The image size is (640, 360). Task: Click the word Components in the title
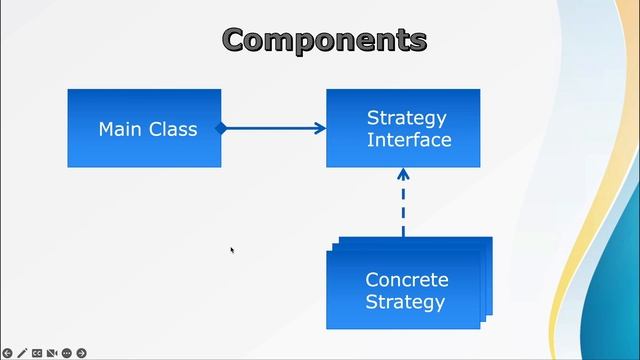(x=324, y=40)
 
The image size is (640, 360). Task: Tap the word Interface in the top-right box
(x=408, y=140)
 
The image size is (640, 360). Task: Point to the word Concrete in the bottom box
(x=406, y=280)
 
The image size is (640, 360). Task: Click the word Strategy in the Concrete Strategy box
(x=405, y=302)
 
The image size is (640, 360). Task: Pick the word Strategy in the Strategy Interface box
(x=407, y=118)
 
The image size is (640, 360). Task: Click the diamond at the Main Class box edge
(x=222, y=128)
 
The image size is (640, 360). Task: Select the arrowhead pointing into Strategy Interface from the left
(x=320, y=128)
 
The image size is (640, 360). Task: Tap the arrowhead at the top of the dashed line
(x=403, y=173)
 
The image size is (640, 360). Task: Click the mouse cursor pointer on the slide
(x=231, y=250)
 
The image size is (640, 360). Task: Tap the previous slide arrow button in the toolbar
(x=7, y=353)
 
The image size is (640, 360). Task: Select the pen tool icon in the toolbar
(x=22, y=353)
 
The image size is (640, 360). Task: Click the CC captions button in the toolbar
(x=37, y=353)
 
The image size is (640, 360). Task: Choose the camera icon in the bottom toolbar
(x=52, y=353)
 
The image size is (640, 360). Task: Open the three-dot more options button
(x=66, y=353)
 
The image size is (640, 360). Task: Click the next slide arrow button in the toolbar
(x=81, y=353)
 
